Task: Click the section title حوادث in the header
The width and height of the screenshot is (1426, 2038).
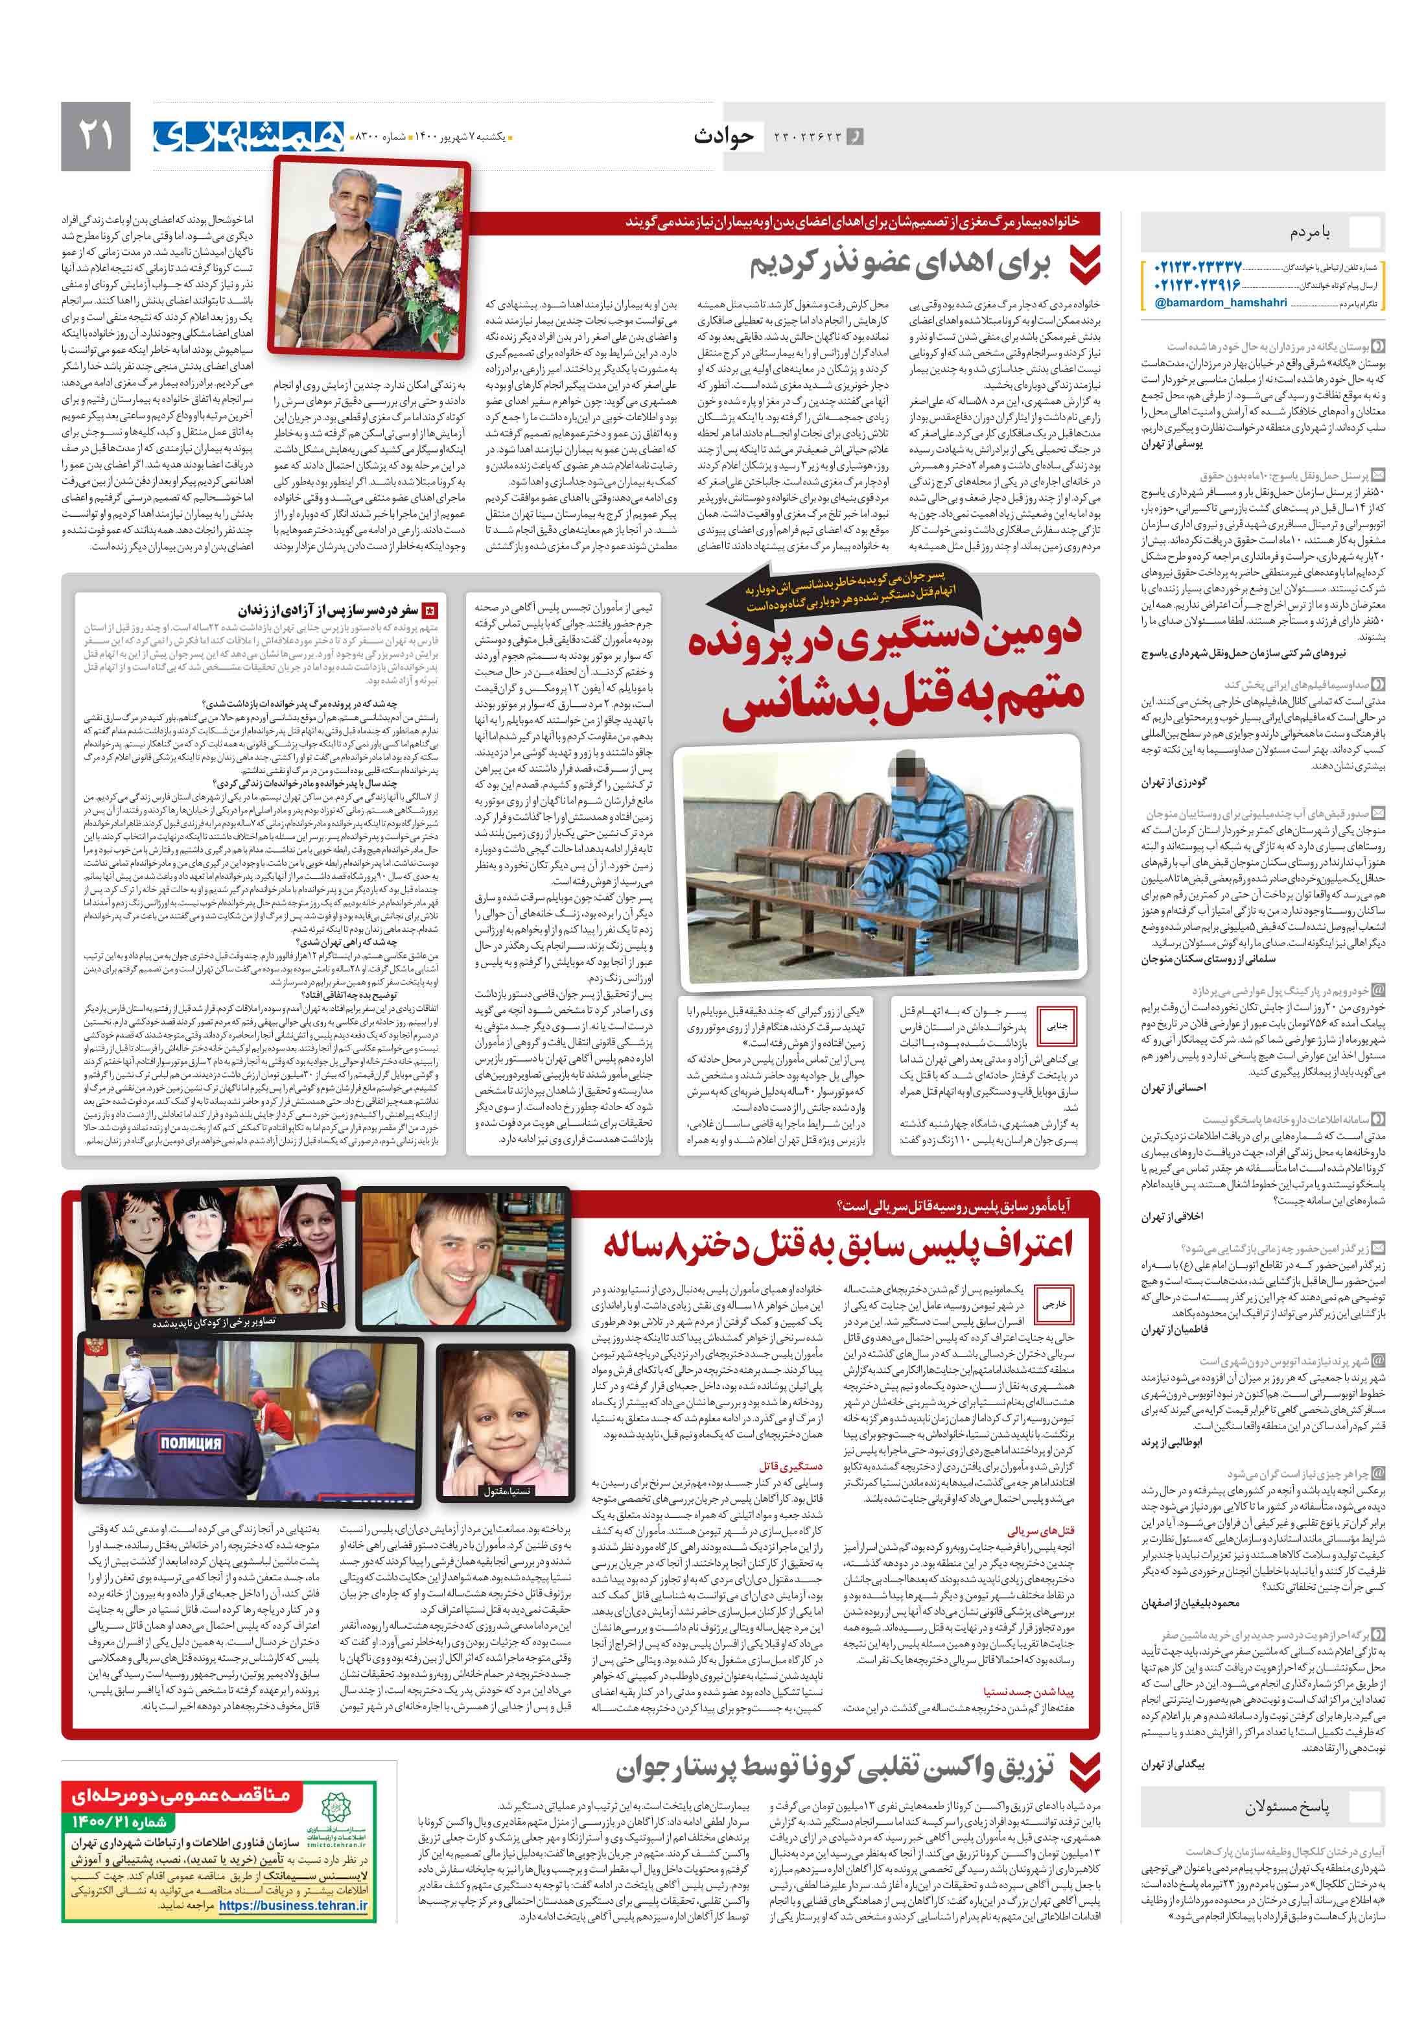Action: pyautogui.click(x=723, y=136)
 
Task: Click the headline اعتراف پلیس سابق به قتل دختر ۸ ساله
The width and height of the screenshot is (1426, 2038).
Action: pyautogui.click(x=837, y=1244)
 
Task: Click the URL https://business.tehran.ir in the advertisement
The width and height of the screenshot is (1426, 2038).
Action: pyautogui.click(x=292, y=1905)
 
